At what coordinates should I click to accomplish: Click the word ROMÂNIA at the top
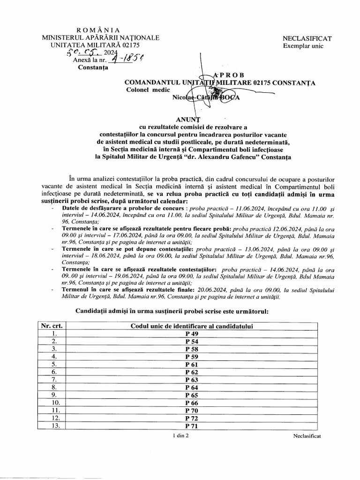[x=98, y=30]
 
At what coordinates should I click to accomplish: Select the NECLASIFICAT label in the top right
[x=307, y=38]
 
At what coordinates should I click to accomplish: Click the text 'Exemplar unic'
[x=303, y=46]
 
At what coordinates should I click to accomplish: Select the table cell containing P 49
[x=192, y=333]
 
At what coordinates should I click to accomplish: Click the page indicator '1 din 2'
[x=180, y=436]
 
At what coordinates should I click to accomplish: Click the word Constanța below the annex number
[x=93, y=67]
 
